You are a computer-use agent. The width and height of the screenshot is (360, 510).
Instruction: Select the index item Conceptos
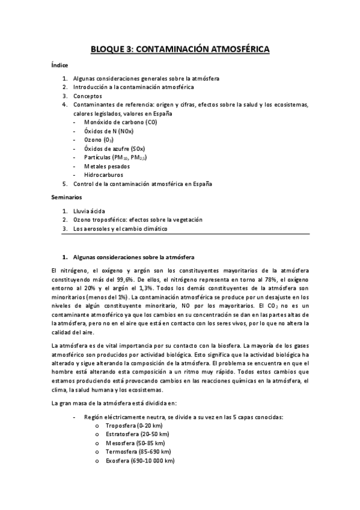point(88,96)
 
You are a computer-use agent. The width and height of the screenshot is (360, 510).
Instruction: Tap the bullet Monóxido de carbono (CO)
point(112,122)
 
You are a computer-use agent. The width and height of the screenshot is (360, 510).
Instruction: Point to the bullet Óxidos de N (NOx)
point(109,131)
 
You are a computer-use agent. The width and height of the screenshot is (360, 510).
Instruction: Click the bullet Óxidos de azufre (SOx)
point(115,149)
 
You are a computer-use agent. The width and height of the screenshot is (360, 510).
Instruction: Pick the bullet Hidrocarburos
point(104,175)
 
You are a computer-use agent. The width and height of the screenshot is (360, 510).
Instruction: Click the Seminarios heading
point(67,197)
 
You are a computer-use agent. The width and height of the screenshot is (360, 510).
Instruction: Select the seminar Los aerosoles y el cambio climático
point(120,229)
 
